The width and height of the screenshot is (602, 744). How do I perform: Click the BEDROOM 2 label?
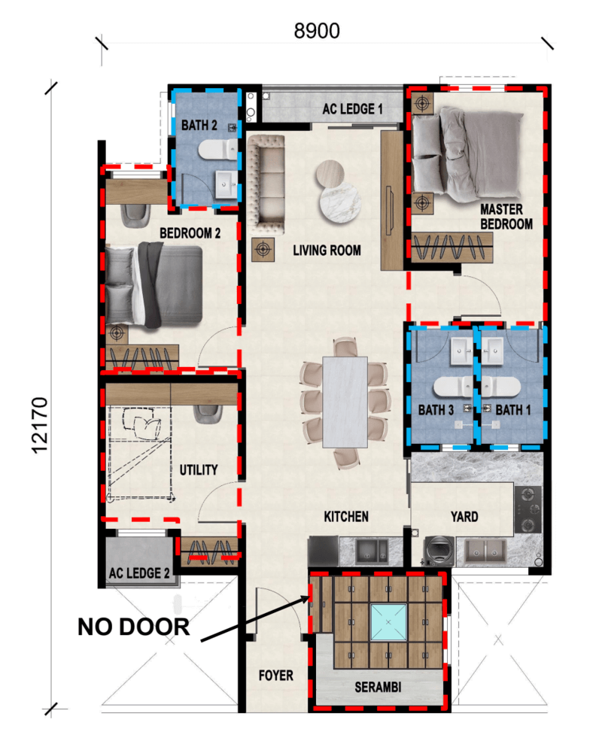(x=190, y=234)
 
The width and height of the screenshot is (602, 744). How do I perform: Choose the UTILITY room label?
(x=198, y=470)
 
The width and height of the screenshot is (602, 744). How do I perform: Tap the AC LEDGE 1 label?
(x=352, y=110)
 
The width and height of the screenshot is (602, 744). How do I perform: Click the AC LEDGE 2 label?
(x=139, y=573)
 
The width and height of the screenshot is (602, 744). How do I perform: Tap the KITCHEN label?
(x=346, y=517)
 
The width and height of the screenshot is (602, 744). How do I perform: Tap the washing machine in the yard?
(x=437, y=551)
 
